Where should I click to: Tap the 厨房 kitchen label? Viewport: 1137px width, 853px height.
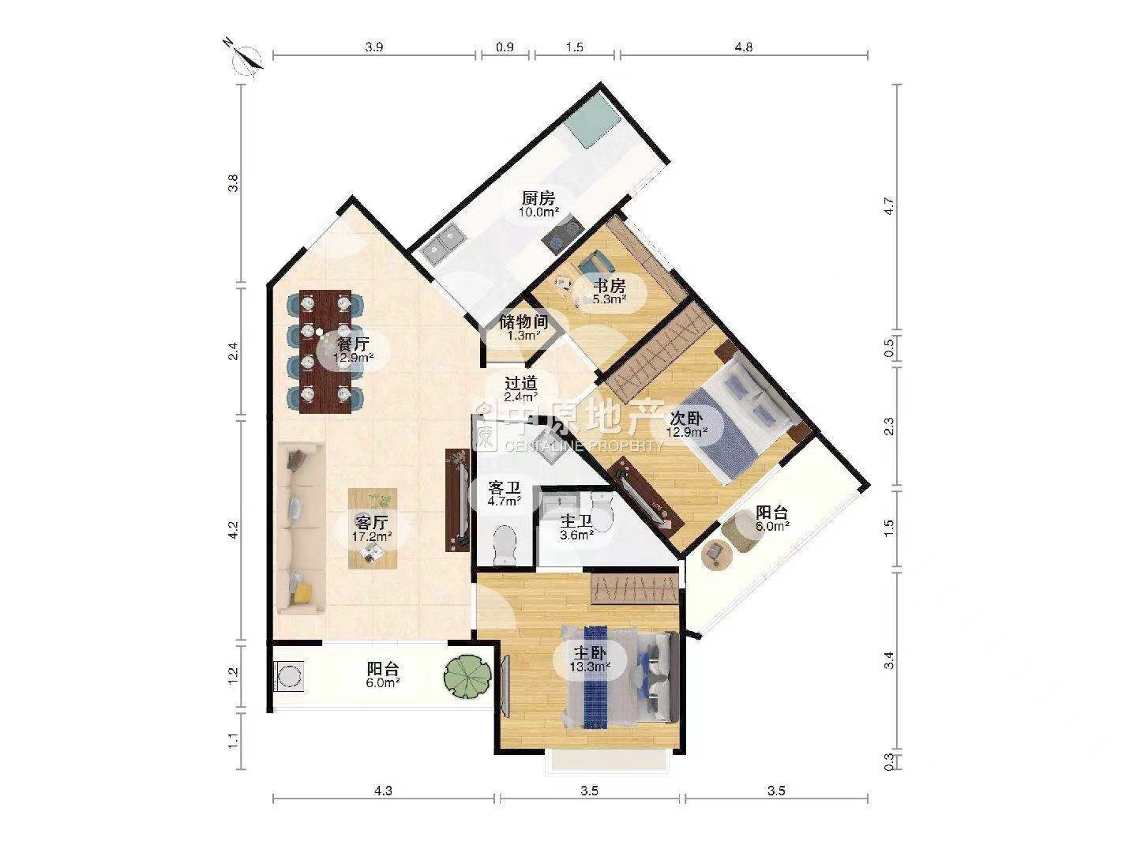tap(538, 197)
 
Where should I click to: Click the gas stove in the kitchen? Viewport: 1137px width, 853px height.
tap(562, 234)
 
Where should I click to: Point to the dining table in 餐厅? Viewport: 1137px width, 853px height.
tap(325, 351)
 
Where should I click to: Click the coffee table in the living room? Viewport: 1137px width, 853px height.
tap(373, 528)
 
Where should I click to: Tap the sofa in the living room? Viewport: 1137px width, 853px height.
tap(301, 528)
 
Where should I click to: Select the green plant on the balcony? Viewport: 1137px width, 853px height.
tap(467, 676)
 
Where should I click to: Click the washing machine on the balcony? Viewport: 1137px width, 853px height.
tap(288, 676)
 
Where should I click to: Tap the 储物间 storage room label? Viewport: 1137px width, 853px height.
tap(523, 321)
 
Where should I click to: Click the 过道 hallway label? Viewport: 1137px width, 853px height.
tap(520, 383)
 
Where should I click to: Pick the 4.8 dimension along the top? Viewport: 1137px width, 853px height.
tap(743, 47)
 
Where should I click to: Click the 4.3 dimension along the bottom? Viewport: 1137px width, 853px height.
tap(383, 791)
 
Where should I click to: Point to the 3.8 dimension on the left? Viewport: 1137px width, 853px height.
tap(234, 183)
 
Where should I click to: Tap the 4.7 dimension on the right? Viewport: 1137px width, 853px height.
tap(889, 207)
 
